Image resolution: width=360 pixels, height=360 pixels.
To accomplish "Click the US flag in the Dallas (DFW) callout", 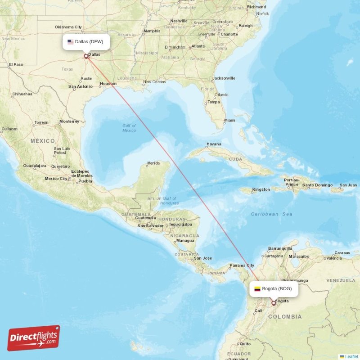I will [x=70, y=42].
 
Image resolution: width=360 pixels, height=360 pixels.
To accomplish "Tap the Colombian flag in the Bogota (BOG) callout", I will [x=257, y=289].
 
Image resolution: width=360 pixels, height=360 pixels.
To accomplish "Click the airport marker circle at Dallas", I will [x=86, y=56].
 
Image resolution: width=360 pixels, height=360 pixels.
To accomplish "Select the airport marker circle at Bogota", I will [x=273, y=303].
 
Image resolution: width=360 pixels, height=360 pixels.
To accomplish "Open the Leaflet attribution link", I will [x=351, y=356].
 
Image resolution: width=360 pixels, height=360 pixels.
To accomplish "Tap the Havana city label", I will [x=214, y=144].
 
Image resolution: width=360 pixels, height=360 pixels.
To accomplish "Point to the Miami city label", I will [x=229, y=120].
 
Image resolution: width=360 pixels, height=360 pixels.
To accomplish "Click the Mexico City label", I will [x=56, y=179].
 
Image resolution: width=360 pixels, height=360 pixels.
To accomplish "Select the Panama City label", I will [x=242, y=265].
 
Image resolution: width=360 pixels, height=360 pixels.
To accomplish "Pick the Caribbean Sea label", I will [x=271, y=214].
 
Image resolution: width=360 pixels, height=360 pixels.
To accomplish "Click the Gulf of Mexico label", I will [x=129, y=128].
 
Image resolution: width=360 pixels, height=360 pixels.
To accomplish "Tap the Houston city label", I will [x=108, y=84].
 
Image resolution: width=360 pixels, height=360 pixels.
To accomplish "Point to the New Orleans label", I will [x=154, y=82].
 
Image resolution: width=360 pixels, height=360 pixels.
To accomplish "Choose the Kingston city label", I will [x=261, y=189].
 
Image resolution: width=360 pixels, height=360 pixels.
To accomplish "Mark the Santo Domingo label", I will [x=317, y=185].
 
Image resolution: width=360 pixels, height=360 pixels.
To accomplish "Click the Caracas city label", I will [x=342, y=253].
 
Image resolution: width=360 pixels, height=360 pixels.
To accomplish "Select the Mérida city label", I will [x=153, y=163].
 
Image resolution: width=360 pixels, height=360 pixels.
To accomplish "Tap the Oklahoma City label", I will [x=68, y=27].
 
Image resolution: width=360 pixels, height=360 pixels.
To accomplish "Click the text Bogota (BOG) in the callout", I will [x=279, y=289].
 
